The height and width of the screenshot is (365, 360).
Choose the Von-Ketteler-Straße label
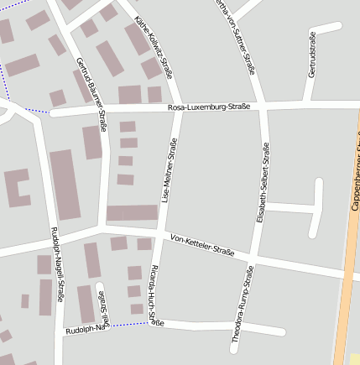click(201, 244)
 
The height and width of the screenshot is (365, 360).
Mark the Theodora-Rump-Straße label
click(243, 305)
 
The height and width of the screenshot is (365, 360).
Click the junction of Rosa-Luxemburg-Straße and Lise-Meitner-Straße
click(178, 108)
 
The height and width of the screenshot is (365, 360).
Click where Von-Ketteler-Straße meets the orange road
click(344, 274)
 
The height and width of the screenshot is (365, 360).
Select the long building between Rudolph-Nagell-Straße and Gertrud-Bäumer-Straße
click(65, 184)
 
